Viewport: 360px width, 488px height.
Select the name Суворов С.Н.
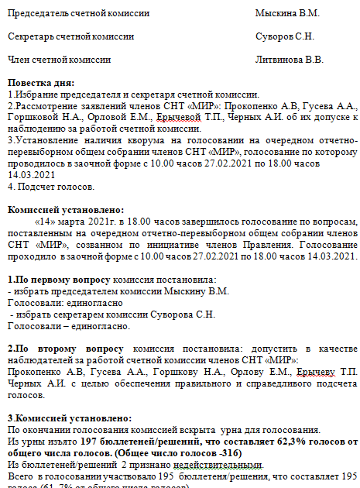(284, 36)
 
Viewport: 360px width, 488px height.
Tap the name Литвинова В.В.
(289, 59)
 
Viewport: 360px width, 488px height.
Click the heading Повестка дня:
(40, 82)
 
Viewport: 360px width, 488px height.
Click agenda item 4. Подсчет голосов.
(51, 186)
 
